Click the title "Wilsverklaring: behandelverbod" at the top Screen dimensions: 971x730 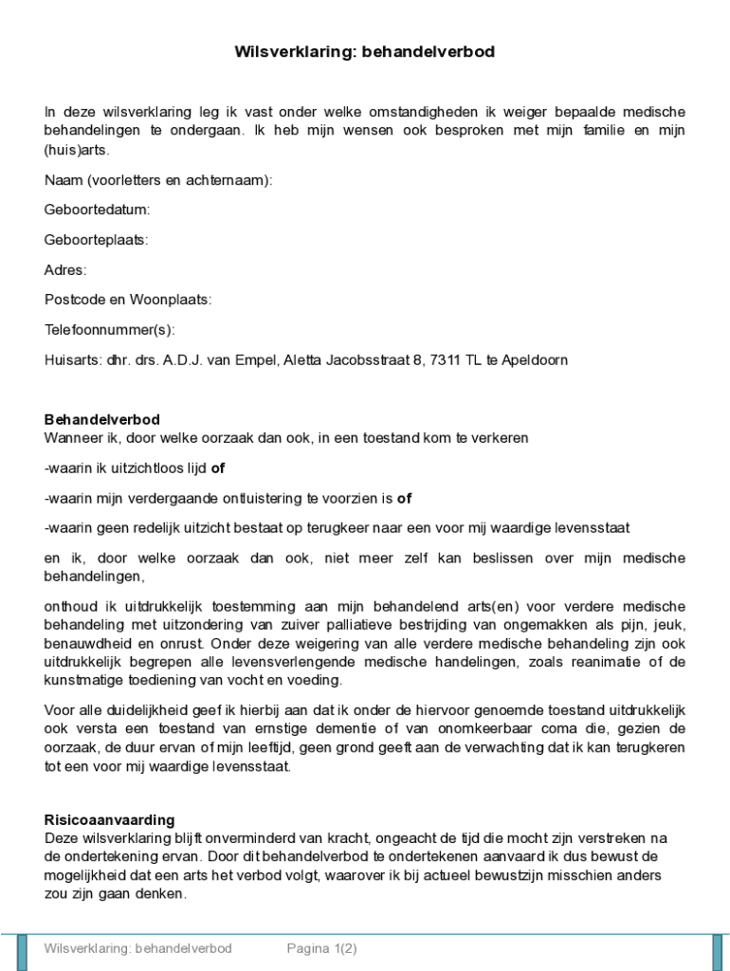[364, 52]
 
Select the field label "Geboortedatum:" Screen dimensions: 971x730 [97, 210]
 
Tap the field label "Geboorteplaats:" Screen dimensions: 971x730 [96, 240]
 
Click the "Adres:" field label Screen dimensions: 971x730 [65, 270]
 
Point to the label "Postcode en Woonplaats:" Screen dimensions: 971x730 [128, 300]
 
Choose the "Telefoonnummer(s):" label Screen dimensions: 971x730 [110, 330]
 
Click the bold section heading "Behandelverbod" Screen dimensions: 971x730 [102, 420]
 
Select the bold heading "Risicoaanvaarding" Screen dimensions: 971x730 [109, 820]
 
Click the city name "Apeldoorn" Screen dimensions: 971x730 [534, 360]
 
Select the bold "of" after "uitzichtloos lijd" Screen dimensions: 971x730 [217, 468]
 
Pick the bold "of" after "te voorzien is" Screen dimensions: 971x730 [404, 498]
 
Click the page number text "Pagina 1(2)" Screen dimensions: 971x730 [322, 948]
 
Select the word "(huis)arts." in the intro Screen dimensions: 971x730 [77, 150]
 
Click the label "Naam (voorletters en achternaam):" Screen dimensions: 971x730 [158, 180]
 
